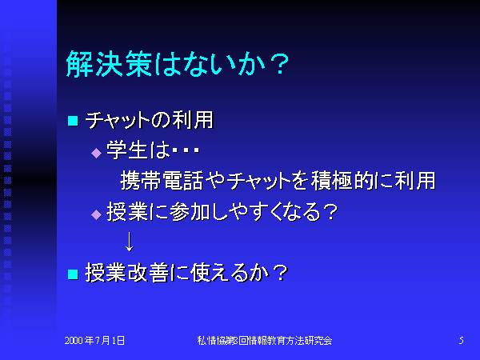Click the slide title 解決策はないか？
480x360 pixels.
[x=178, y=64]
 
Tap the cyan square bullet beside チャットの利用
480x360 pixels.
[x=73, y=121]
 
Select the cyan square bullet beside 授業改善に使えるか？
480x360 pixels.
[x=73, y=274]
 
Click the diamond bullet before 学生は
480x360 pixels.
[x=97, y=153]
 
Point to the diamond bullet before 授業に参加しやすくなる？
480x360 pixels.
[x=97, y=214]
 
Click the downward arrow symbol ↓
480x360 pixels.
[x=130, y=242]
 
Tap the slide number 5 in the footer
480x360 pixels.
[x=461, y=341]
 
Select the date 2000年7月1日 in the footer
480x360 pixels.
[x=94, y=341]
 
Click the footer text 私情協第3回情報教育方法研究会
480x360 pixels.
[x=265, y=341]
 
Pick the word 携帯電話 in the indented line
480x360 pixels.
[x=162, y=181]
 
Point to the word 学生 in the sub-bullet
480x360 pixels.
[x=127, y=150]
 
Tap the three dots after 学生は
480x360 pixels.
[x=186, y=150]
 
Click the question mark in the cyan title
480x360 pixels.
[x=278, y=64]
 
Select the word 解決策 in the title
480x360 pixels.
[x=109, y=64]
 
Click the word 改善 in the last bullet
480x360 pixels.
[x=148, y=273]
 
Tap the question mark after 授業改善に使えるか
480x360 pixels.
[x=280, y=273]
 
